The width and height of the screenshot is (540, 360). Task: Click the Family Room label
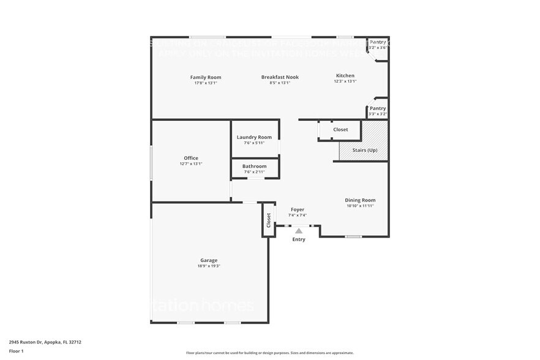pyautogui.click(x=206, y=77)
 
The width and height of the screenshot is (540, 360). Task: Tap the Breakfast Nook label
pyautogui.click(x=280, y=77)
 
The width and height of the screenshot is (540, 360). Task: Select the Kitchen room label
pyautogui.click(x=345, y=75)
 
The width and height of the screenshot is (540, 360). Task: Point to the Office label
pyautogui.click(x=191, y=158)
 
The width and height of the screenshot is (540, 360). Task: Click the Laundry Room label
pyautogui.click(x=254, y=137)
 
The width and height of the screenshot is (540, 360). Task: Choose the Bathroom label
pyautogui.click(x=254, y=166)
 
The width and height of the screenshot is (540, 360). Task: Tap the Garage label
pyautogui.click(x=209, y=260)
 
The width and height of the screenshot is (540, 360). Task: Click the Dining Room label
pyautogui.click(x=360, y=200)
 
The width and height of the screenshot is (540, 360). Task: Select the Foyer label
pyautogui.click(x=298, y=209)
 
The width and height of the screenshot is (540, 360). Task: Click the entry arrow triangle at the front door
pyautogui.click(x=299, y=230)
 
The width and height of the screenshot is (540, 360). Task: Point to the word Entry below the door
pyautogui.click(x=298, y=239)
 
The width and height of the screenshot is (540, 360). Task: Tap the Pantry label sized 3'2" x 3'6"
pyautogui.click(x=378, y=42)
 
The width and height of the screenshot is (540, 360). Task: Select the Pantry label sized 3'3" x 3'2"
pyautogui.click(x=378, y=108)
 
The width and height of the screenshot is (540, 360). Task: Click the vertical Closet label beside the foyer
pyautogui.click(x=268, y=220)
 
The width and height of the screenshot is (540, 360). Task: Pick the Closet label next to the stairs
pyautogui.click(x=340, y=129)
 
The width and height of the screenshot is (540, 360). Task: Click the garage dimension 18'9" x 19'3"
pyautogui.click(x=209, y=266)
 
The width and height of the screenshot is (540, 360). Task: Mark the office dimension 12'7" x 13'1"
pyautogui.click(x=191, y=164)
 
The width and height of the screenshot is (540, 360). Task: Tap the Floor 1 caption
pyautogui.click(x=16, y=351)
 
